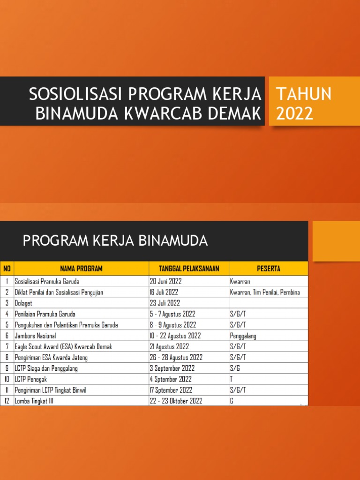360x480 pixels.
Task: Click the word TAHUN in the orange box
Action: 304,94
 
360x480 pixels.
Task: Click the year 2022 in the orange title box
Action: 294,113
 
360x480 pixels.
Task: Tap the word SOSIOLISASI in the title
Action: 75,94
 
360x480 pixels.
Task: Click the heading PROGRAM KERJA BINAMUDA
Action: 115,241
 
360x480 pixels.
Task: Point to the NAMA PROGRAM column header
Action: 81,269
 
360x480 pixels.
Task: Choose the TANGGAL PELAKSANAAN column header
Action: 189,269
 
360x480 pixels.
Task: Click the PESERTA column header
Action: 268,269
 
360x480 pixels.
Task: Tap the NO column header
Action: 7,269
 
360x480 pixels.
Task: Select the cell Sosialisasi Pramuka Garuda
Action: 47,282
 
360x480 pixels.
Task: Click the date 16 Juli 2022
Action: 164,292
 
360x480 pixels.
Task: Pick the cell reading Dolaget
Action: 25,303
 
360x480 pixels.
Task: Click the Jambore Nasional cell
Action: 36,336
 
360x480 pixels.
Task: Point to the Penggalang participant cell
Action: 243,336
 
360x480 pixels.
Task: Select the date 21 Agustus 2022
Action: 169,346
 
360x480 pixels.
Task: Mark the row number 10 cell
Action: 7,379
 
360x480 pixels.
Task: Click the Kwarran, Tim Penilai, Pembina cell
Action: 264,292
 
